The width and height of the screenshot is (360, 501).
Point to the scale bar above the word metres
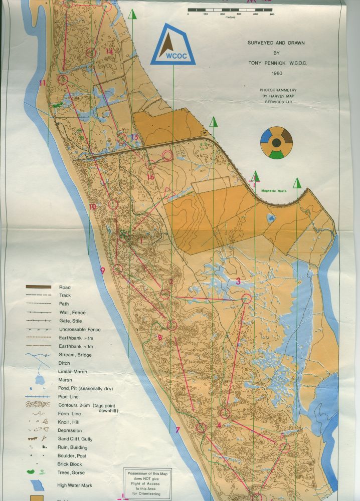(230, 10)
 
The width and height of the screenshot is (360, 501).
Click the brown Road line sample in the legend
(39, 287)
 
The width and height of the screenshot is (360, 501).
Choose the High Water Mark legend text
(75, 485)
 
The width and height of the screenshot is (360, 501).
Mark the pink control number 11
(43, 83)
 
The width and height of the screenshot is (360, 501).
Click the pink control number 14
(109, 51)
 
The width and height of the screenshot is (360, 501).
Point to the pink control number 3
(238, 281)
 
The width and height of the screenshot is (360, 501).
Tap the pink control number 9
(102, 271)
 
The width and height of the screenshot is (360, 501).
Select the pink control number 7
(177, 430)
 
